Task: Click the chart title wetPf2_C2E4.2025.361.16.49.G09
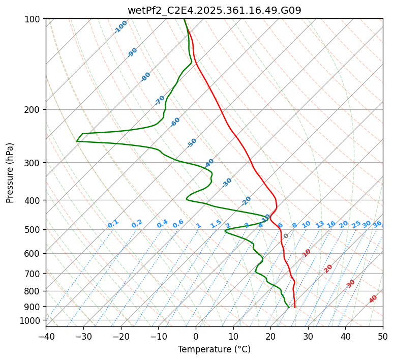[214, 10]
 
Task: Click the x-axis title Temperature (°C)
[214, 350]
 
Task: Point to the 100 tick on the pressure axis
[34, 19]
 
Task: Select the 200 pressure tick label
[34, 110]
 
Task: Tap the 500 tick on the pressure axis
[34, 230]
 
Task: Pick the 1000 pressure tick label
[32, 321]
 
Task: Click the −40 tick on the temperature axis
[46, 337]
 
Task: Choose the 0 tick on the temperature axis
[196, 337]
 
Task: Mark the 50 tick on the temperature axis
[383, 337]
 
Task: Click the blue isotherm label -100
[121, 27]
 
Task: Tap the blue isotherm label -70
[160, 100]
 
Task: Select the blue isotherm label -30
[227, 183]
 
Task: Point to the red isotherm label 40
[373, 299]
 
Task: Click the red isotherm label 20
[328, 268]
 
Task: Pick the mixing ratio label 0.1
[113, 224]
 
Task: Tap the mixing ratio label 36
[377, 224]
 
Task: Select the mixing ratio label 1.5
[216, 224]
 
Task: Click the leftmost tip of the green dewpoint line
[77, 141]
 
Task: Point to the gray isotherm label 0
[286, 236]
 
